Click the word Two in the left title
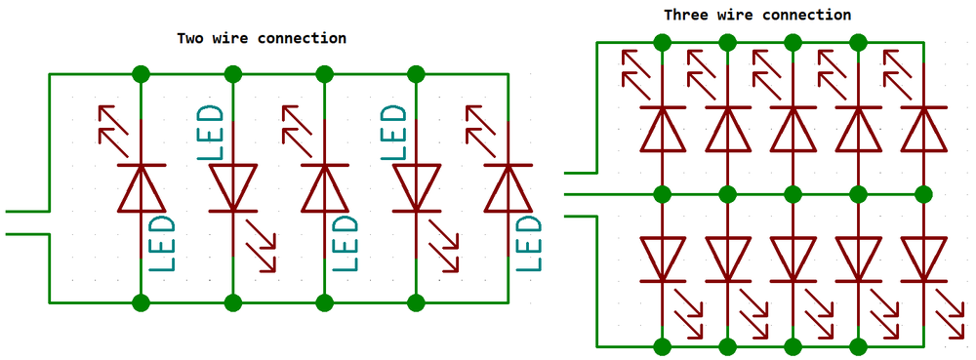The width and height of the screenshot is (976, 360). pyautogui.click(x=190, y=38)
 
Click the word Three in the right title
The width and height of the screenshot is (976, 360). pyautogui.click(x=686, y=15)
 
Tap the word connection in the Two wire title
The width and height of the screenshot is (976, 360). pyautogui.click(x=301, y=38)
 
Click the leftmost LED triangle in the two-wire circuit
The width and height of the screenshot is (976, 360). pyautogui.click(x=142, y=187)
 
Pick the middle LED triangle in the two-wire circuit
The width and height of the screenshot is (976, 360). pyautogui.click(x=325, y=187)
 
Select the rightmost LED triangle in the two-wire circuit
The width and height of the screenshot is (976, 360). pyautogui.click(x=508, y=187)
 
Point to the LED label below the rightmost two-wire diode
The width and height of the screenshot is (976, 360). pyautogui.click(x=528, y=244)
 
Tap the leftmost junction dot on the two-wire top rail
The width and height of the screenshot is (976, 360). pyautogui.click(x=142, y=73)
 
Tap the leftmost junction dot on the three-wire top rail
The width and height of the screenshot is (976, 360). pyautogui.click(x=663, y=42)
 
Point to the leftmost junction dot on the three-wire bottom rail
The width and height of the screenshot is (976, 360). pyautogui.click(x=663, y=345)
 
